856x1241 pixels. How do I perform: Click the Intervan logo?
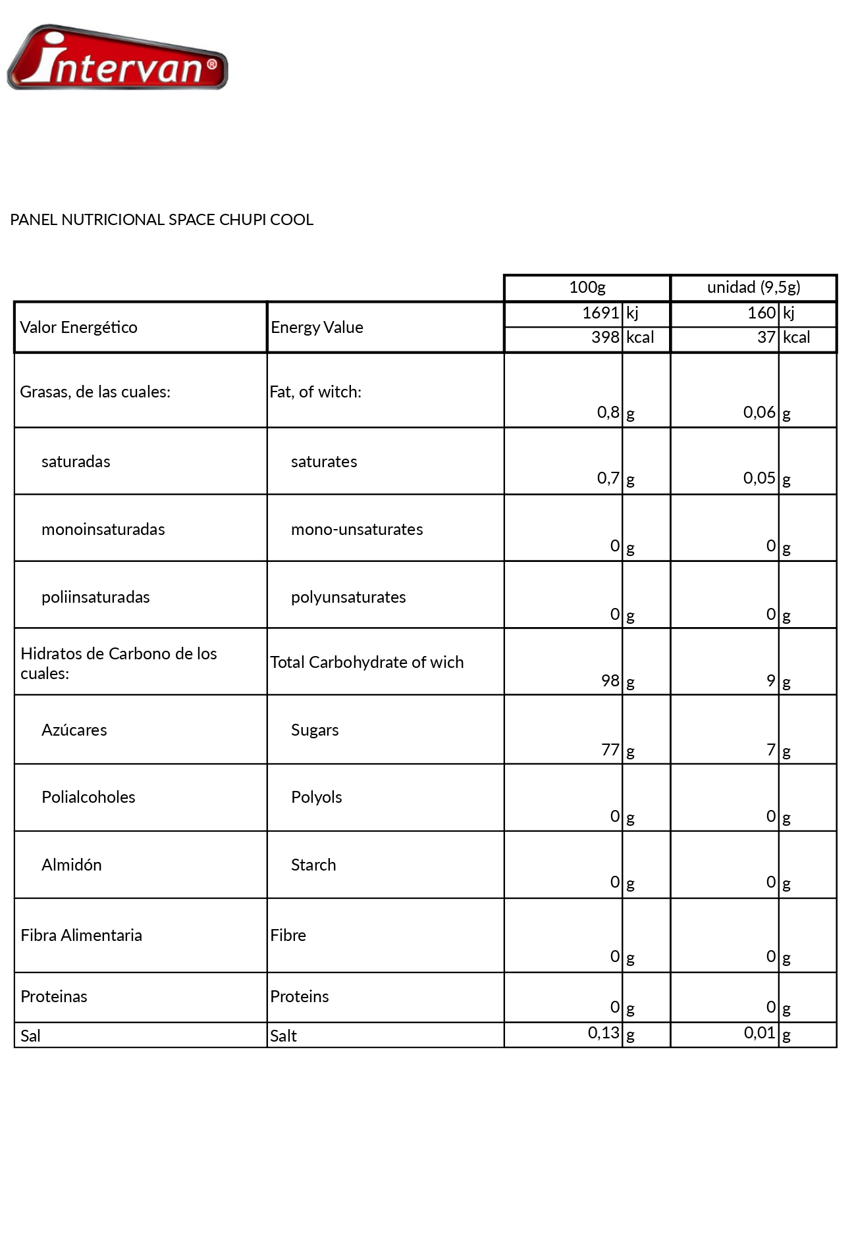(x=117, y=58)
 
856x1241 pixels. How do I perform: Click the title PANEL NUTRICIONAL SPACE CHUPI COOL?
(x=161, y=220)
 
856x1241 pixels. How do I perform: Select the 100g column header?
(x=587, y=288)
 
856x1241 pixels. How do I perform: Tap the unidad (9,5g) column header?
(x=753, y=288)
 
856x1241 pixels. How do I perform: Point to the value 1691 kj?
(x=601, y=313)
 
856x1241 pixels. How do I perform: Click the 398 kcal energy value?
(x=605, y=338)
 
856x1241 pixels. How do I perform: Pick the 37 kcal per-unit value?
(x=766, y=338)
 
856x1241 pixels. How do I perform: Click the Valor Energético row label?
(x=78, y=328)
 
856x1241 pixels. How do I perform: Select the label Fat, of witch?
(x=315, y=392)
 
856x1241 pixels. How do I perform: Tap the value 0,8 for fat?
(x=608, y=413)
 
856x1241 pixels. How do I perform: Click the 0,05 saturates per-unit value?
(x=759, y=478)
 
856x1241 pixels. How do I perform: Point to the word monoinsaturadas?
(x=103, y=530)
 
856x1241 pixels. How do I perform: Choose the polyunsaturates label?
(x=348, y=597)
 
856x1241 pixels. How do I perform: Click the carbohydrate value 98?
(x=610, y=681)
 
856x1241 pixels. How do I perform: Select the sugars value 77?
(x=610, y=750)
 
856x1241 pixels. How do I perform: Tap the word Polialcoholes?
(x=88, y=798)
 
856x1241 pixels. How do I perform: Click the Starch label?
(x=313, y=865)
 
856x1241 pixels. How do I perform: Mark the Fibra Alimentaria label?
(x=81, y=936)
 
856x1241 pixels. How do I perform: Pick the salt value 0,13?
(x=604, y=1033)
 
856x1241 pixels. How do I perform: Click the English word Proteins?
(x=299, y=997)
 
